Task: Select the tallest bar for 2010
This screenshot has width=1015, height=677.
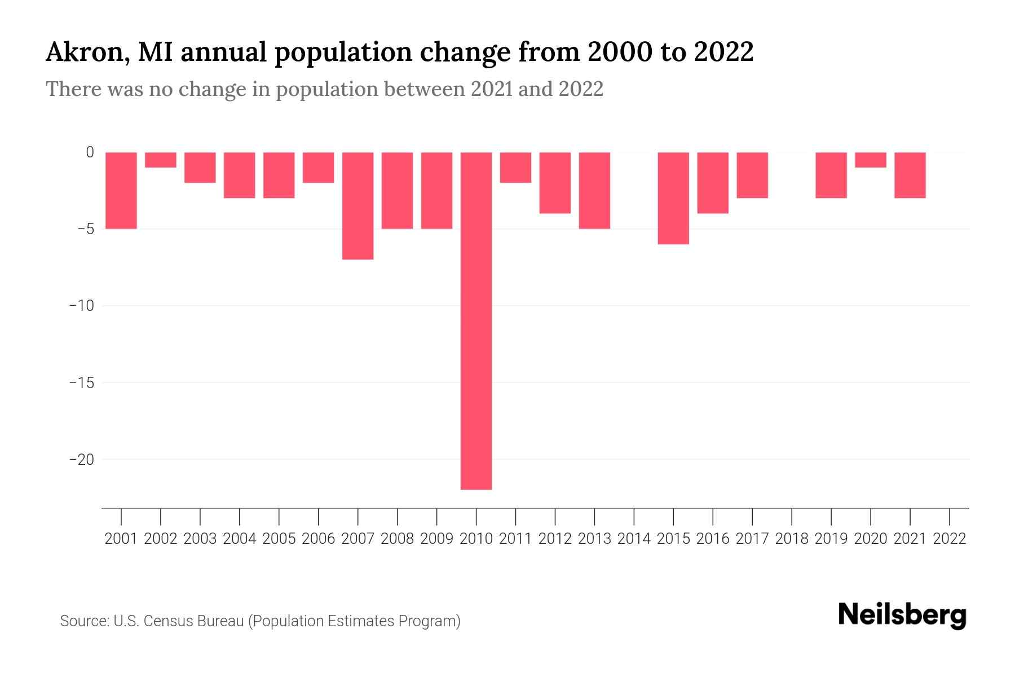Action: pyautogui.click(x=476, y=320)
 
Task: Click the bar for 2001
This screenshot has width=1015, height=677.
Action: pyautogui.click(x=121, y=190)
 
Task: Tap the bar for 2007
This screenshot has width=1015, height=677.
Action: pyautogui.click(x=358, y=205)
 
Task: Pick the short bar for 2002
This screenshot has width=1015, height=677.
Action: pyautogui.click(x=161, y=160)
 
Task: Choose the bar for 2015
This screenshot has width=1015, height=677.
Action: pyautogui.click(x=673, y=197)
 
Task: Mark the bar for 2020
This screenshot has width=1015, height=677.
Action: pyautogui.click(x=870, y=160)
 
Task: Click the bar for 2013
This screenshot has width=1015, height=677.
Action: pyautogui.click(x=594, y=190)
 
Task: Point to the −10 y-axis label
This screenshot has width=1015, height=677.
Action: pyautogui.click(x=81, y=306)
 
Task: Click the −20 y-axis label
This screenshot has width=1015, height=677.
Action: pyautogui.click(x=81, y=460)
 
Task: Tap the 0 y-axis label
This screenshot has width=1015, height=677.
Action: pyautogui.click(x=90, y=152)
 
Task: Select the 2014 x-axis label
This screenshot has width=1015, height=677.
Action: pyautogui.click(x=634, y=539)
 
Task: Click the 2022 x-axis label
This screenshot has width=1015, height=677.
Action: pyautogui.click(x=950, y=539)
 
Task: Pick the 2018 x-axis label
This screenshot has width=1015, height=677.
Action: pyautogui.click(x=792, y=539)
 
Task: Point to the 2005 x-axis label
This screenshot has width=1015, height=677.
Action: pyautogui.click(x=279, y=539)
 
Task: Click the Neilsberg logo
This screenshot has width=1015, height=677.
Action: pyautogui.click(x=902, y=616)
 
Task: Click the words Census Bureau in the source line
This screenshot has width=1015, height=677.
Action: pyautogui.click(x=195, y=621)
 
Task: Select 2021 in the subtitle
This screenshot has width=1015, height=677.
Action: pyautogui.click(x=491, y=89)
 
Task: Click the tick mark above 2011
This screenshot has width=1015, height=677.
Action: pyautogui.click(x=515, y=516)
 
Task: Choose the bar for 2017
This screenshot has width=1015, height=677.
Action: pyautogui.click(x=752, y=175)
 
